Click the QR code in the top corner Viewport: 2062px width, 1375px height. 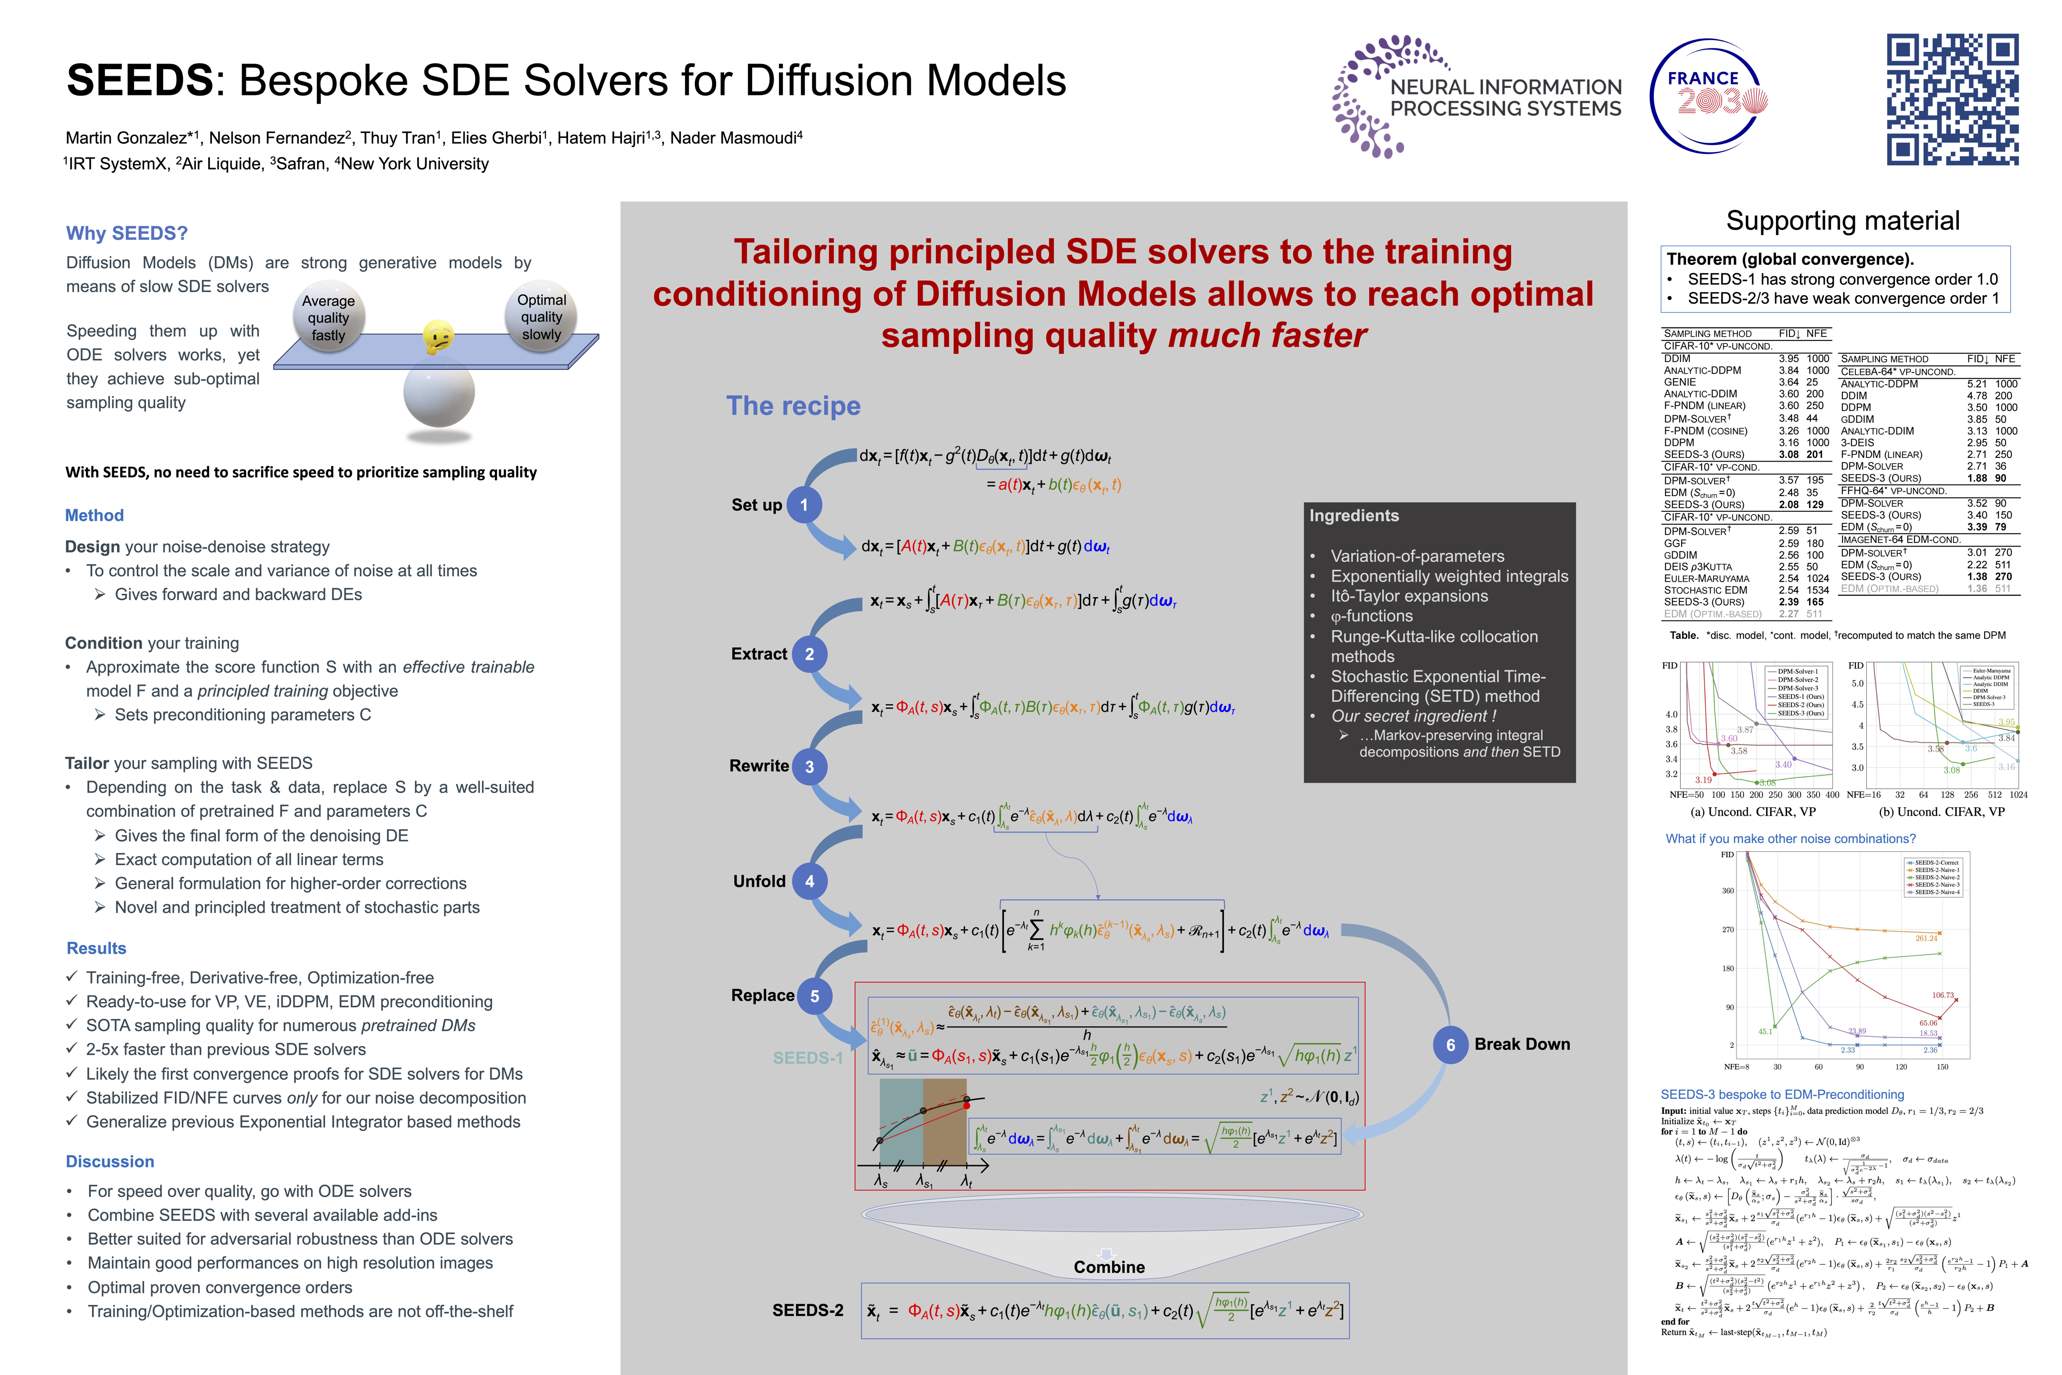(x=1952, y=99)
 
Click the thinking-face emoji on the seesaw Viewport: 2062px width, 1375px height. (x=438, y=336)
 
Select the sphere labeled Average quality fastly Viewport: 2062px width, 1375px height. (x=328, y=317)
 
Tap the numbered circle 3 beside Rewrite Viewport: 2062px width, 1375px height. (x=809, y=766)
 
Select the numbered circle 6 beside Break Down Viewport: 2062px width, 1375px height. (x=1450, y=1045)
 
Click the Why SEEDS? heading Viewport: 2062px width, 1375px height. (x=127, y=233)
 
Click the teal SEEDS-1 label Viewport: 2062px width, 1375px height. (x=807, y=1058)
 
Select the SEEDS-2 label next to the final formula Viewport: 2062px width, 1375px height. (x=808, y=1310)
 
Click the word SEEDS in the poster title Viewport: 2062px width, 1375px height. (x=139, y=81)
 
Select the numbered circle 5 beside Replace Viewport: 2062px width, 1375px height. (x=814, y=996)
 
